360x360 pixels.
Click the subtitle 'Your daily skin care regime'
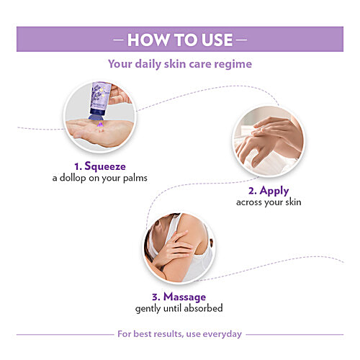(180, 64)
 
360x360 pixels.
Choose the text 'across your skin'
(268, 202)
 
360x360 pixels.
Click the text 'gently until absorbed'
(179, 308)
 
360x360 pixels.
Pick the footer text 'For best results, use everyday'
(180, 334)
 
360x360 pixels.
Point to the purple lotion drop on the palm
(101, 125)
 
